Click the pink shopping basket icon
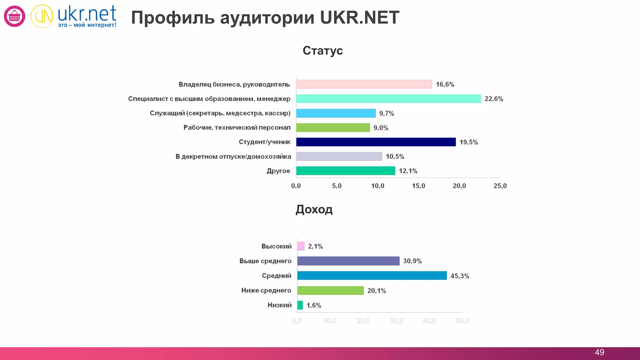pos(14,16)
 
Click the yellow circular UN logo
pos(42,16)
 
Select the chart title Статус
pos(322,51)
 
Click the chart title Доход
pos(314,209)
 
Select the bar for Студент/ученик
pos(376,142)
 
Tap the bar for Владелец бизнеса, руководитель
pos(364,84)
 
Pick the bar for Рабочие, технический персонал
pos(333,127)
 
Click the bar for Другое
pos(345,171)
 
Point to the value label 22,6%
pos(494,99)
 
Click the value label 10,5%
pos(395,157)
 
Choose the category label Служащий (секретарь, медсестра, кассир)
pos(220,113)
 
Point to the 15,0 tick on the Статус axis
pos(418,186)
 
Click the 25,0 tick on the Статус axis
pos(500,186)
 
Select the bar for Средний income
pos(372,276)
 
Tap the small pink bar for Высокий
pos(301,246)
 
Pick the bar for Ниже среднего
pos(330,290)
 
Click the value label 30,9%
pos(412,261)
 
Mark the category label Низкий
pos(279,305)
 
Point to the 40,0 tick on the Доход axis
pos(429,321)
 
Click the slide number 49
pos(599,352)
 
